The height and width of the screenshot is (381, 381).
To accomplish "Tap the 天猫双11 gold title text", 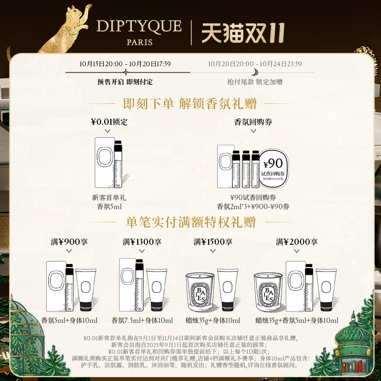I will pyautogui.click(x=243, y=32).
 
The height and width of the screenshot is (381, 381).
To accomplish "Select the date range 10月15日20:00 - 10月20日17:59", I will pyautogui.click(x=125, y=63).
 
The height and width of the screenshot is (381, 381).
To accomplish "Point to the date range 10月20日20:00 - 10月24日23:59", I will pyautogui.click(x=255, y=63).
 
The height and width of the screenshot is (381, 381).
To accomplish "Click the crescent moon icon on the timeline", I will pyautogui.click(x=256, y=72).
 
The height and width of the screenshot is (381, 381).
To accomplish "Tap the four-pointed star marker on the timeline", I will pyautogui.click(x=125, y=72).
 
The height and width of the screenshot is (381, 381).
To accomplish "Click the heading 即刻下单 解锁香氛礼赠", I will pyautogui.click(x=190, y=103).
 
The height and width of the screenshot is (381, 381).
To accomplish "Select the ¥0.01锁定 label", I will pyautogui.click(x=109, y=122).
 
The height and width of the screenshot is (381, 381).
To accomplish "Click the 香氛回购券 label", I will pyautogui.click(x=253, y=122).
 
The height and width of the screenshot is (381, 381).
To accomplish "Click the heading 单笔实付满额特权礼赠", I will pyautogui.click(x=190, y=222).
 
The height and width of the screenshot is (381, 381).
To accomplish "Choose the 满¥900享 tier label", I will pyautogui.click(x=69, y=242).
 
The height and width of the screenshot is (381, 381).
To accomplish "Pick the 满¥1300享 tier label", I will pyautogui.click(x=142, y=242).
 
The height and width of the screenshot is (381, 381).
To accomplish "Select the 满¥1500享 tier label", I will pyautogui.click(x=213, y=242).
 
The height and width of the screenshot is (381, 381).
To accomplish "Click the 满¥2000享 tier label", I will pyautogui.click(x=297, y=242).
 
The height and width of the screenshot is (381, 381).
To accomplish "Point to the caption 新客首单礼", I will pyautogui.click(x=109, y=197).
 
